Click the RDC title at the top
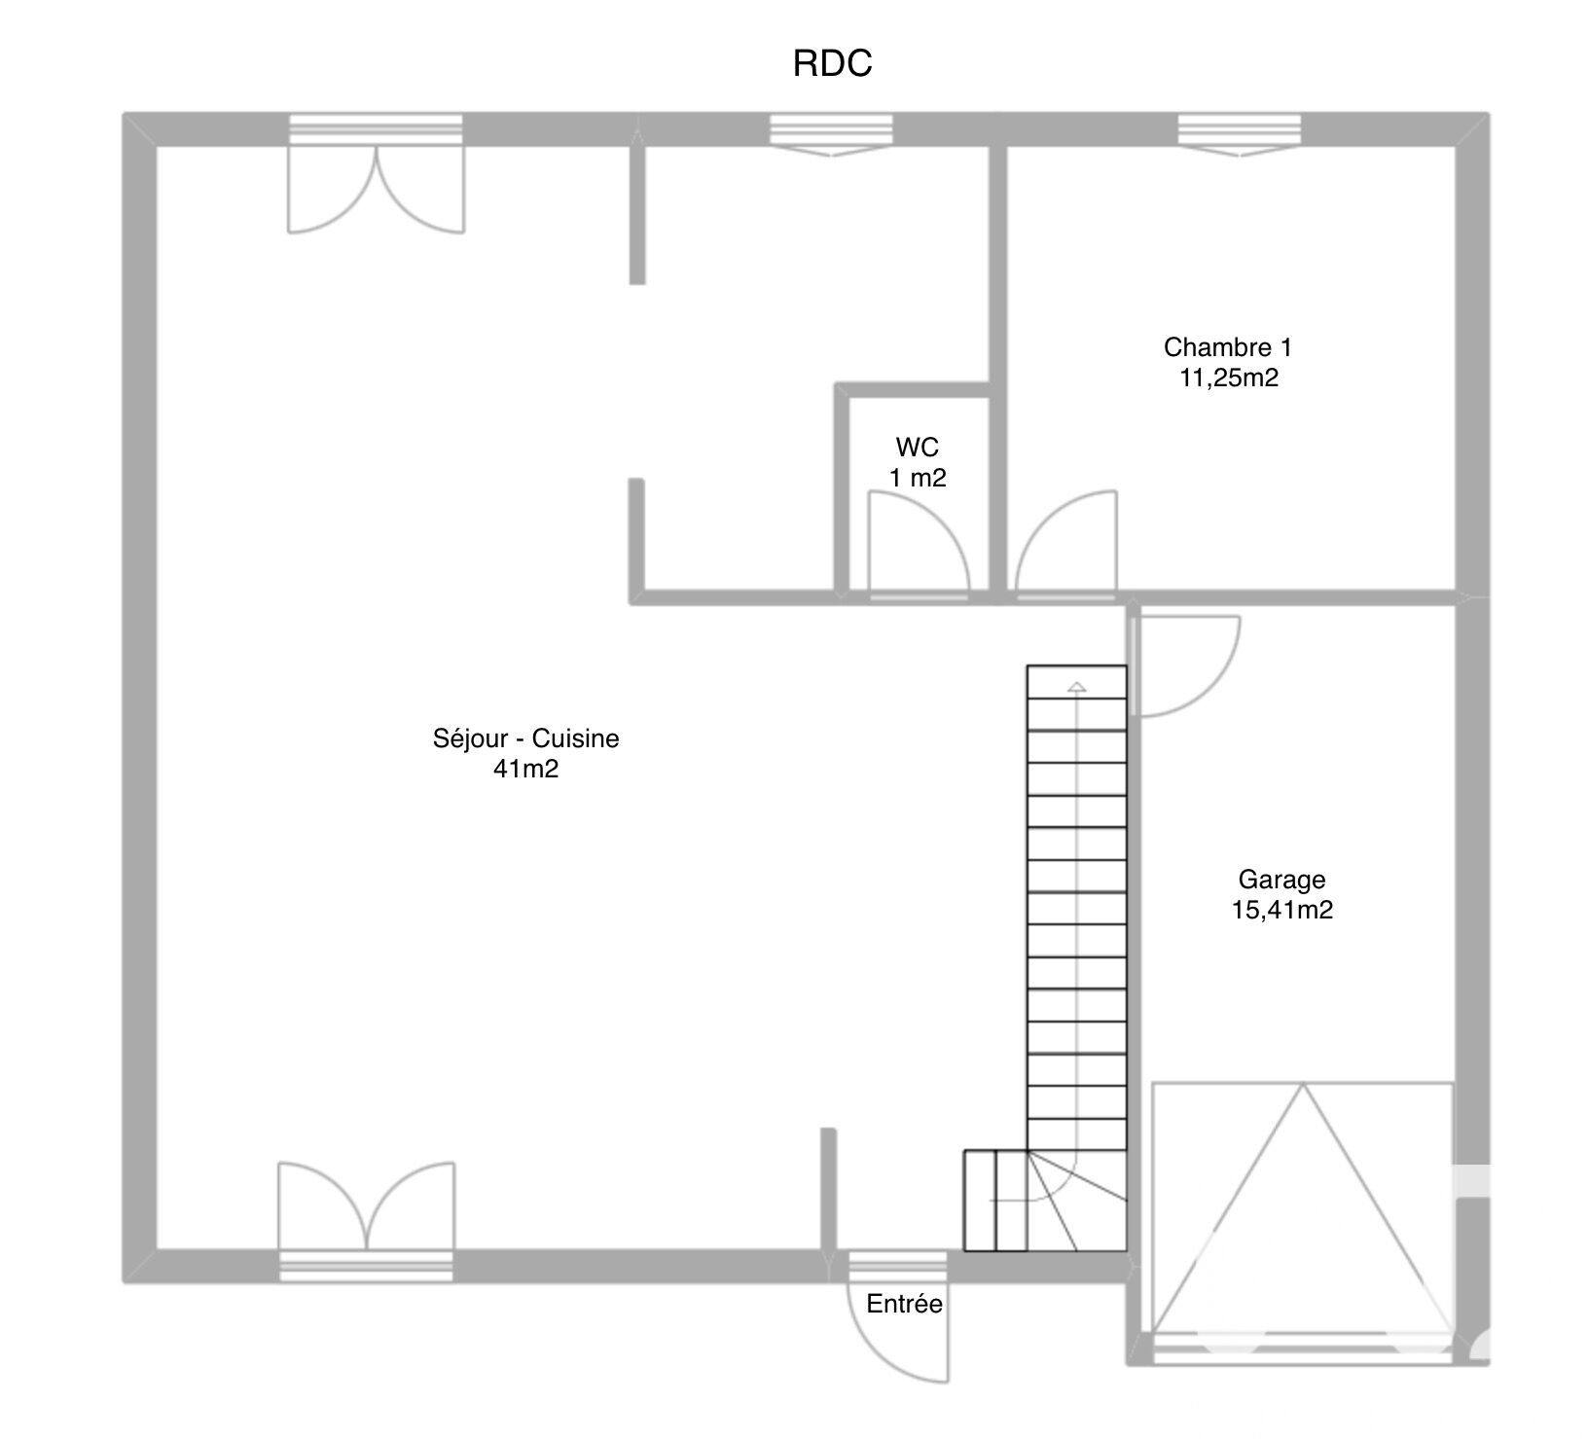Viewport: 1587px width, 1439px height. click(x=832, y=63)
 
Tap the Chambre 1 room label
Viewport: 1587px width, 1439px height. click(x=1228, y=346)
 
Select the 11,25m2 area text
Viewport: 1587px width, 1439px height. click(x=1229, y=378)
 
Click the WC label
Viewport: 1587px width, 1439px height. click(x=918, y=447)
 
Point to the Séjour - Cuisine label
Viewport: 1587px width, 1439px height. click(x=525, y=738)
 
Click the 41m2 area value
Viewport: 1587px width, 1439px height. click(x=526, y=770)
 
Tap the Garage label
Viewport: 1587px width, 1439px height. click(x=1281, y=880)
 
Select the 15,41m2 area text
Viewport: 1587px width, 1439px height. click(x=1281, y=911)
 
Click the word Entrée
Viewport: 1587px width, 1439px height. click(x=905, y=1304)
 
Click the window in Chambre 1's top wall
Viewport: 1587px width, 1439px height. click(x=1240, y=135)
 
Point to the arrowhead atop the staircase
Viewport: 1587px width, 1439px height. click(x=1076, y=688)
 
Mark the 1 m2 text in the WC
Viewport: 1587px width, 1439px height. click(x=918, y=478)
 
